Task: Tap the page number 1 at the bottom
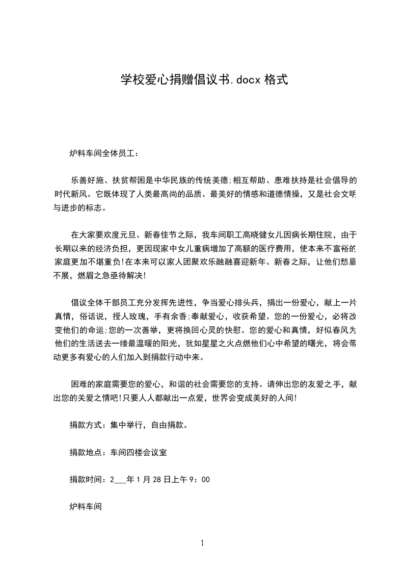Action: coord(202,543)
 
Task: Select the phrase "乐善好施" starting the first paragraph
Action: coord(87,180)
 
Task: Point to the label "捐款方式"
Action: coord(85,425)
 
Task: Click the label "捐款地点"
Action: coord(85,452)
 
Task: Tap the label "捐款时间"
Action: coord(85,480)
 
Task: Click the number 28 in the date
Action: coord(155,480)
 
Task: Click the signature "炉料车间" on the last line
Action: coord(85,507)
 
